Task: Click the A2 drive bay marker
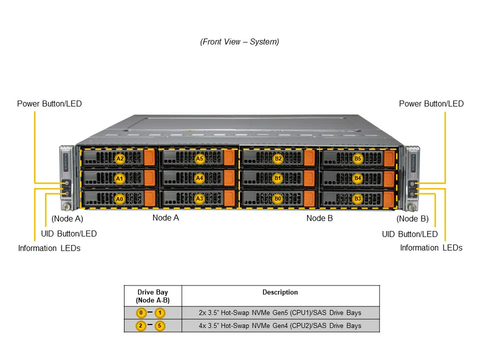coord(119,158)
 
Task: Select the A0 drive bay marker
coord(119,198)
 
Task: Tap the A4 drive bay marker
coord(199,178)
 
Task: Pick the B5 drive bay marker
coord(357,158)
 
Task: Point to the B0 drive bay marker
coord(278,198)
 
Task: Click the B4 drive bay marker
coord(357,178)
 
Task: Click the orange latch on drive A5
coord(229,158)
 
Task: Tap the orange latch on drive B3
coord(388,198)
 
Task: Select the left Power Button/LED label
coord(49,104)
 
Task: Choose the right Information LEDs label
coord(431,247)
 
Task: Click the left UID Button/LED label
coord(68,233)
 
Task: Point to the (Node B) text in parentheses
coord(412,218)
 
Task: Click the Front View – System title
coord(239,42)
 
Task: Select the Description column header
coord(280,292)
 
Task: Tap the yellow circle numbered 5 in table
coord(160,326)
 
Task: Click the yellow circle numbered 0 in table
coord(141,313)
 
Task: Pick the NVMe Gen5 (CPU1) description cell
coord(280,313)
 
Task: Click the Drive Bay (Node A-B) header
coord(152,296)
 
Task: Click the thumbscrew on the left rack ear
coord(65,205)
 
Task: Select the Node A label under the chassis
coord(165,217)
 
